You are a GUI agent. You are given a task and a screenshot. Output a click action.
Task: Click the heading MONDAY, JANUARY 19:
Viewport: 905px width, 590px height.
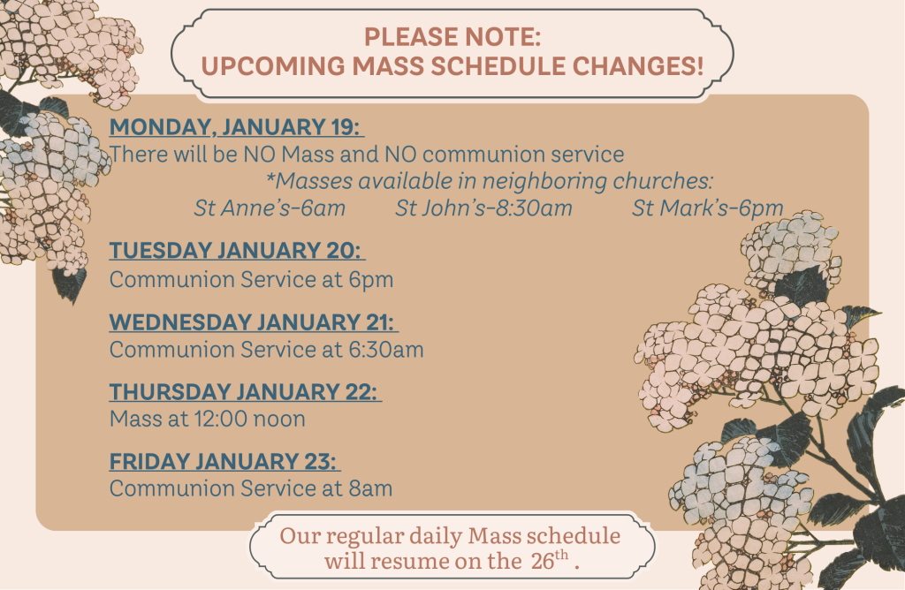[x=237, y=127]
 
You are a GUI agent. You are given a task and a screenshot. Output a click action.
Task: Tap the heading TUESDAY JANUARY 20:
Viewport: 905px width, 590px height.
[x=237, y=250]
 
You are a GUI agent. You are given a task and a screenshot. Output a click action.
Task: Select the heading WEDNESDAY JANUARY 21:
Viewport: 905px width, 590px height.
[x=254, y=321]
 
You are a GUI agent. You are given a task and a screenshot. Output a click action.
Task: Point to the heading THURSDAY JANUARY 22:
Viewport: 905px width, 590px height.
[x=246, y=391]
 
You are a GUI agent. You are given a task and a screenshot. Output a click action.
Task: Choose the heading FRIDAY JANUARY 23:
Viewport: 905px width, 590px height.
[x=225, y=461]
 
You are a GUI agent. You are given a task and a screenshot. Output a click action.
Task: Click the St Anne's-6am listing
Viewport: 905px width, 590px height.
[x=270, y=208]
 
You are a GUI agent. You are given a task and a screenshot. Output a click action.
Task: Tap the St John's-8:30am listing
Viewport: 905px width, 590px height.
[x=483, y=208]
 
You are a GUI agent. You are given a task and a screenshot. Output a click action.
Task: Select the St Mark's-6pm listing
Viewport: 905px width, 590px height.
[x=708, y=208]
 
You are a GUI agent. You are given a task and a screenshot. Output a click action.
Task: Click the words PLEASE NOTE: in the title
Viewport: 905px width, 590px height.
[x=452, y=37]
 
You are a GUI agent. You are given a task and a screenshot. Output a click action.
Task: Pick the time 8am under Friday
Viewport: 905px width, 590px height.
[x=370, y=488]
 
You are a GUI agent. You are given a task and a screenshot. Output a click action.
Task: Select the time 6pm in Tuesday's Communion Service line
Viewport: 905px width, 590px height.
[x=370, y=280]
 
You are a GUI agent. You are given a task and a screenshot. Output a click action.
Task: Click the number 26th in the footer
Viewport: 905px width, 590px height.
[x=550, y=559]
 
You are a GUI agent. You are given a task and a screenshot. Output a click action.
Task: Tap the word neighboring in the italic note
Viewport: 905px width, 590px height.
[x=544, y=182]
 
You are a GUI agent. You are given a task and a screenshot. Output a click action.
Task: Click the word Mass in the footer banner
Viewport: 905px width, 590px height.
[x=492, y=536]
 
